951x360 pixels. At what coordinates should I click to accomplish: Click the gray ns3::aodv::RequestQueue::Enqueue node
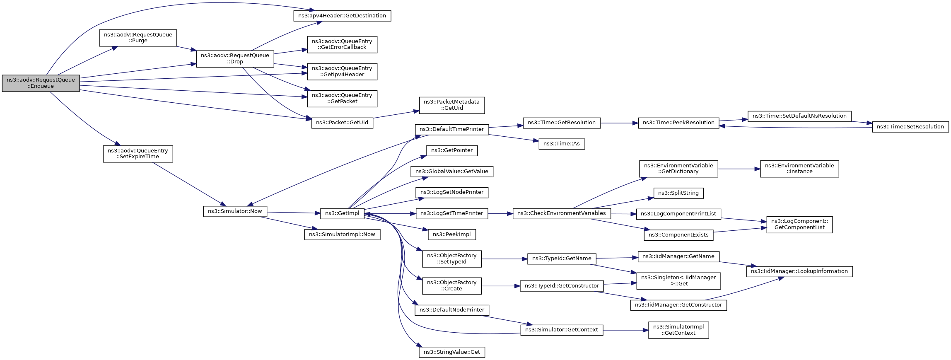41,83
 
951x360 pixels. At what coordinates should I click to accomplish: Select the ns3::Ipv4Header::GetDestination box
342,16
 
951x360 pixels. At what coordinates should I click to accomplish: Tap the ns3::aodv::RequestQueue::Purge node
138,38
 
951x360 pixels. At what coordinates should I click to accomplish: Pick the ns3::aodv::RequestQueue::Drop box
235,58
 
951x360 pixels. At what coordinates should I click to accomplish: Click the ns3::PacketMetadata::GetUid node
452,105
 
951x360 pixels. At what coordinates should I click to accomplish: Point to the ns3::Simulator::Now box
235,211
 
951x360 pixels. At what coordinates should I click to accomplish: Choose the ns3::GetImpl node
342,213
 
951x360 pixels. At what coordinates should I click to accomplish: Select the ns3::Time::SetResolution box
910,127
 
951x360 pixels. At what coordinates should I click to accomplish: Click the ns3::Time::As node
562,144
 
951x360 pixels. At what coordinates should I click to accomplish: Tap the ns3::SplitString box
678,193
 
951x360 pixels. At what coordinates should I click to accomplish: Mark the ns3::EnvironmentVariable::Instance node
799,169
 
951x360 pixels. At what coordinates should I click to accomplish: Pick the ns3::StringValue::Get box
452,352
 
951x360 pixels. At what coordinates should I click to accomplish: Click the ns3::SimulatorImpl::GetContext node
678,330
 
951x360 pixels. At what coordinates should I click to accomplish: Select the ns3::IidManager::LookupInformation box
799,271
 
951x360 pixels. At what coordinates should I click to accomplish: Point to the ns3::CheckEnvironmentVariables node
562,213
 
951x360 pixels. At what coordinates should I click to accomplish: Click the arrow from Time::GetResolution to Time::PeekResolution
619,123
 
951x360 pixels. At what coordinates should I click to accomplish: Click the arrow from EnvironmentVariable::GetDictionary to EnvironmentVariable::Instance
739,169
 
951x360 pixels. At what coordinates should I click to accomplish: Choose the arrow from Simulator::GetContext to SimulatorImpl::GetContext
625,330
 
